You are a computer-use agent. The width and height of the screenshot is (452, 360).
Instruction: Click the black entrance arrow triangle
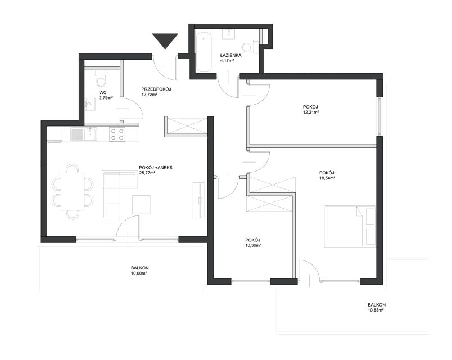165,40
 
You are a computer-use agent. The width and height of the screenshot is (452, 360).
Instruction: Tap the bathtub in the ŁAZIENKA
204,52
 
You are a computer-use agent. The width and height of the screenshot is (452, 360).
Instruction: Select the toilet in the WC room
101,79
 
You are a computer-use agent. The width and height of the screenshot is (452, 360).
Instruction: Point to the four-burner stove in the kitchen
117,134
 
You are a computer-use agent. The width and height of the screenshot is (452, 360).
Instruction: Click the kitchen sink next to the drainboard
91,133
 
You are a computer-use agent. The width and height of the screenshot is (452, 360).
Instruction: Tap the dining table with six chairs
73,191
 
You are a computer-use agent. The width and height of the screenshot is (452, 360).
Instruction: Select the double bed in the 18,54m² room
350,226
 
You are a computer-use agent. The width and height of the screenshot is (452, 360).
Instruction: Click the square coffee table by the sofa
141,205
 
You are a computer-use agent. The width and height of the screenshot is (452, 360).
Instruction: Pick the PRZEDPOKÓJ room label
156,89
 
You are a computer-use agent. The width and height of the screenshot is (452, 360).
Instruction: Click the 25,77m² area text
147,173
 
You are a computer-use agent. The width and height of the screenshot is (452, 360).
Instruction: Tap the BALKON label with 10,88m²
377,305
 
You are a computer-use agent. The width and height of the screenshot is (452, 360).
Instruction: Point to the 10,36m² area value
253,245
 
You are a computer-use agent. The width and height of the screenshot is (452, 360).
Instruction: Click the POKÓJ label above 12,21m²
310,107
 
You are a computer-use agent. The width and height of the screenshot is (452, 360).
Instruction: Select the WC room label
103,92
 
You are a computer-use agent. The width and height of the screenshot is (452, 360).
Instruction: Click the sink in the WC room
90,104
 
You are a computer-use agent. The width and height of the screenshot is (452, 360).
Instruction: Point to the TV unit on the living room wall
199,201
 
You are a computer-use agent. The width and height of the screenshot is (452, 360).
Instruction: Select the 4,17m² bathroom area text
227,61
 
